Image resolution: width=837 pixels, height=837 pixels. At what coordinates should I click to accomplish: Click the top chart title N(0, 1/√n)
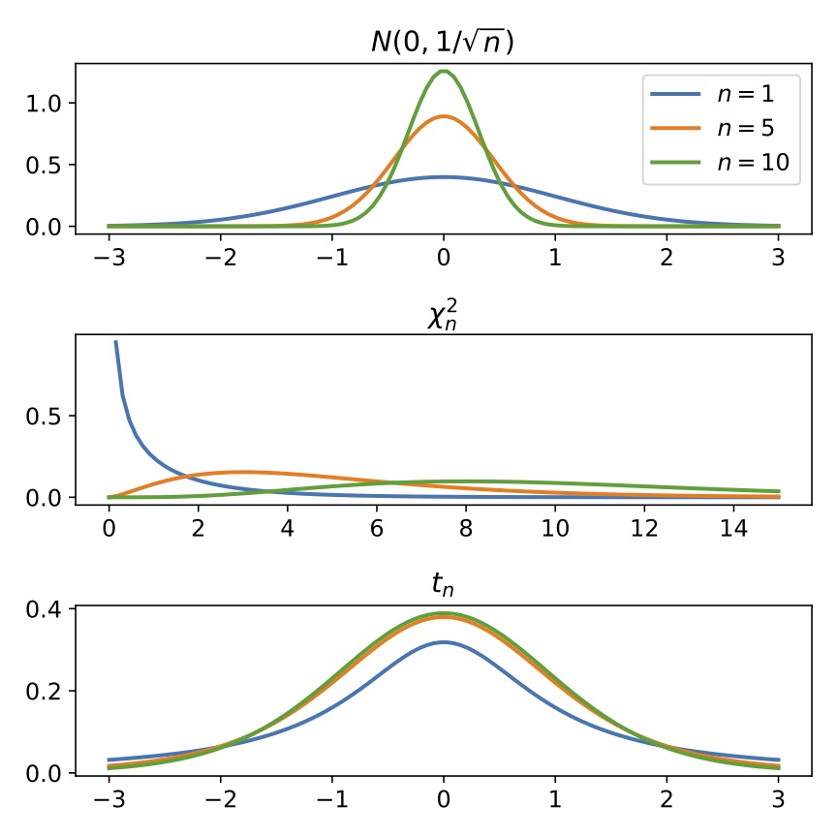coord(444,43)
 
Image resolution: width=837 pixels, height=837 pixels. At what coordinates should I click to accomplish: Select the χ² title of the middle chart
coord(444,316)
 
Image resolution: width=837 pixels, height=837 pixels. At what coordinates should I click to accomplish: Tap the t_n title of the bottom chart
coord(444,584)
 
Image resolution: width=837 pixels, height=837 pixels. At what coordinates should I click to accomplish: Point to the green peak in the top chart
coord(444,71)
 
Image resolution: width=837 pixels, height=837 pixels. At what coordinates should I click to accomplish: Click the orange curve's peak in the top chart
coord(444,116)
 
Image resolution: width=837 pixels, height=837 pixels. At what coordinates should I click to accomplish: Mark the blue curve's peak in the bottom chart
coord(444,642)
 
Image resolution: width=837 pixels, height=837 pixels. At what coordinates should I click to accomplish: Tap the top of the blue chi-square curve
coord(116,341)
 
